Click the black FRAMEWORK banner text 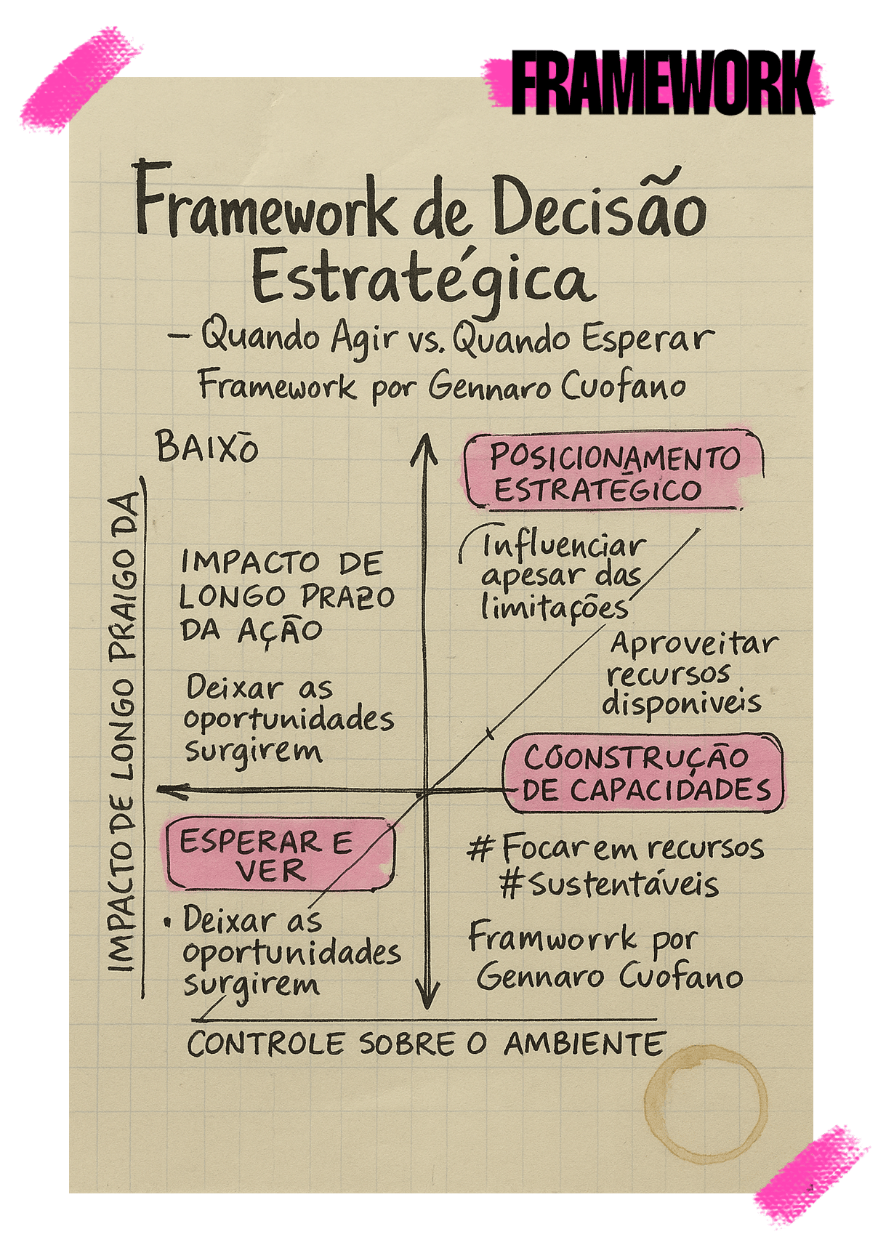click(x=663, y=82)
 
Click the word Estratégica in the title click(x=421, y=279)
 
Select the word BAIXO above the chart click(x=207, y=448)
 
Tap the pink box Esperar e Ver click(x=279, y=854)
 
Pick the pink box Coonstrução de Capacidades click(x=643, y=773)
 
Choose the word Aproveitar click(x=693, y=644)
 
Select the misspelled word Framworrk click(x=553, y=938)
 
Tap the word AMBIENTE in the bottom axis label click(x=584, y=1044)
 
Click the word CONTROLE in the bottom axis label click(x=265, y=1044)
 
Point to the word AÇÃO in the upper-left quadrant click(x=280, y=631)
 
